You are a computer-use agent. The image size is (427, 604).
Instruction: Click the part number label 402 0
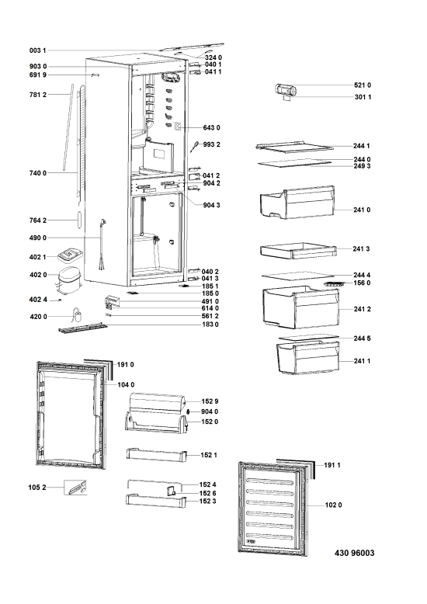[x=38, y=275]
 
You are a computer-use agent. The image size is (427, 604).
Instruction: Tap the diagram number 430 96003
[x=354, y=554]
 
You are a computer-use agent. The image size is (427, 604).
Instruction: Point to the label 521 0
[x=363, y=85]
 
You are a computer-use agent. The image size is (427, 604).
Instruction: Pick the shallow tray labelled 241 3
[x=298, y=250]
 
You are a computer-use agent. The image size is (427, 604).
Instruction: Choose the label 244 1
[x=361, y=146]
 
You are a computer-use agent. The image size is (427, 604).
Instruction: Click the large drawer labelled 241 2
[x=301, y=307]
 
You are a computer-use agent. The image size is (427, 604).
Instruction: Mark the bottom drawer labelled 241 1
[x=308, y=358]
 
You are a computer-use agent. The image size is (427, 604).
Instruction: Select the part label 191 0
[x=125, y=365]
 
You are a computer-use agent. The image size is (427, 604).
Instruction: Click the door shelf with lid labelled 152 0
[x=156, y=422]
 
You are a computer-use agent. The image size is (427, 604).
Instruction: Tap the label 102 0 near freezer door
[x=333, y=505]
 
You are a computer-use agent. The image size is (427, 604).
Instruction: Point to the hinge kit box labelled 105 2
[x=75, y=488]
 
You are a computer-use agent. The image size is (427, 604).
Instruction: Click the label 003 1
[x=37, y=50]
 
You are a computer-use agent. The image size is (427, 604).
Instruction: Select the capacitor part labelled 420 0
[x=78, y=315]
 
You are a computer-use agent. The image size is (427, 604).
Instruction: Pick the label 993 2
[x=212, y=144]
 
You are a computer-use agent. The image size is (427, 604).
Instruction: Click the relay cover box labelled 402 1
[x=70, y=254]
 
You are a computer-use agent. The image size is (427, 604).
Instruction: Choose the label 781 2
[x=38, y=95]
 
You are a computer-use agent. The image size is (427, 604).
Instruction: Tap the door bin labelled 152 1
[x=156, y=454]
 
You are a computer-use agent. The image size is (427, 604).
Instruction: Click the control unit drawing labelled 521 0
[x=286, y=91]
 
